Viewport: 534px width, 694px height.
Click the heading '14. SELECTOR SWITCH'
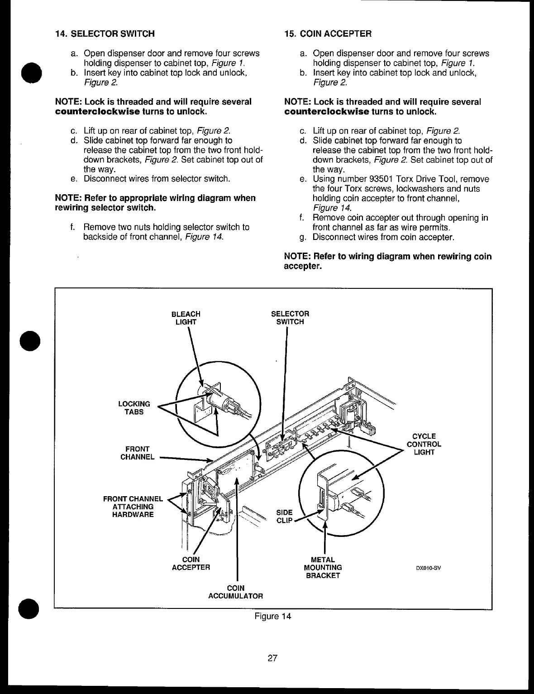pos(105,34)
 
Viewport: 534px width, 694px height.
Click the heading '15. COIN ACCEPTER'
pos(328,34)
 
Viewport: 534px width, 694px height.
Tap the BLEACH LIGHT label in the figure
pos(186,318)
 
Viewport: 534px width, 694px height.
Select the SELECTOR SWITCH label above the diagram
pos(290,318)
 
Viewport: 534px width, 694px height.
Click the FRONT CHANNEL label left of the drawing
pos(137,453)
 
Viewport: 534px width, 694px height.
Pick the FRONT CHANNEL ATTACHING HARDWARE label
pos(133,507)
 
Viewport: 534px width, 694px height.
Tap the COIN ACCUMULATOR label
pos(235,592)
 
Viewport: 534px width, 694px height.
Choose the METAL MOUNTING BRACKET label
pos(323,567)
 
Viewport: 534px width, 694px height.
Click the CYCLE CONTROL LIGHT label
pos(424,444)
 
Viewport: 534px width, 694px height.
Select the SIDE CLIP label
pos(284,517)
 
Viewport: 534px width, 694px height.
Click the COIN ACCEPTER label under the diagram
pos(191,563)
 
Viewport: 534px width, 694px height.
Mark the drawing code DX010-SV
pos(428,567)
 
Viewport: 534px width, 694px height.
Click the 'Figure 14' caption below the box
pos(272,616)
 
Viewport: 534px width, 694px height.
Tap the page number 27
pos(272,658)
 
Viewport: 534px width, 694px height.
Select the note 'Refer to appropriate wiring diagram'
pos(155,203)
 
